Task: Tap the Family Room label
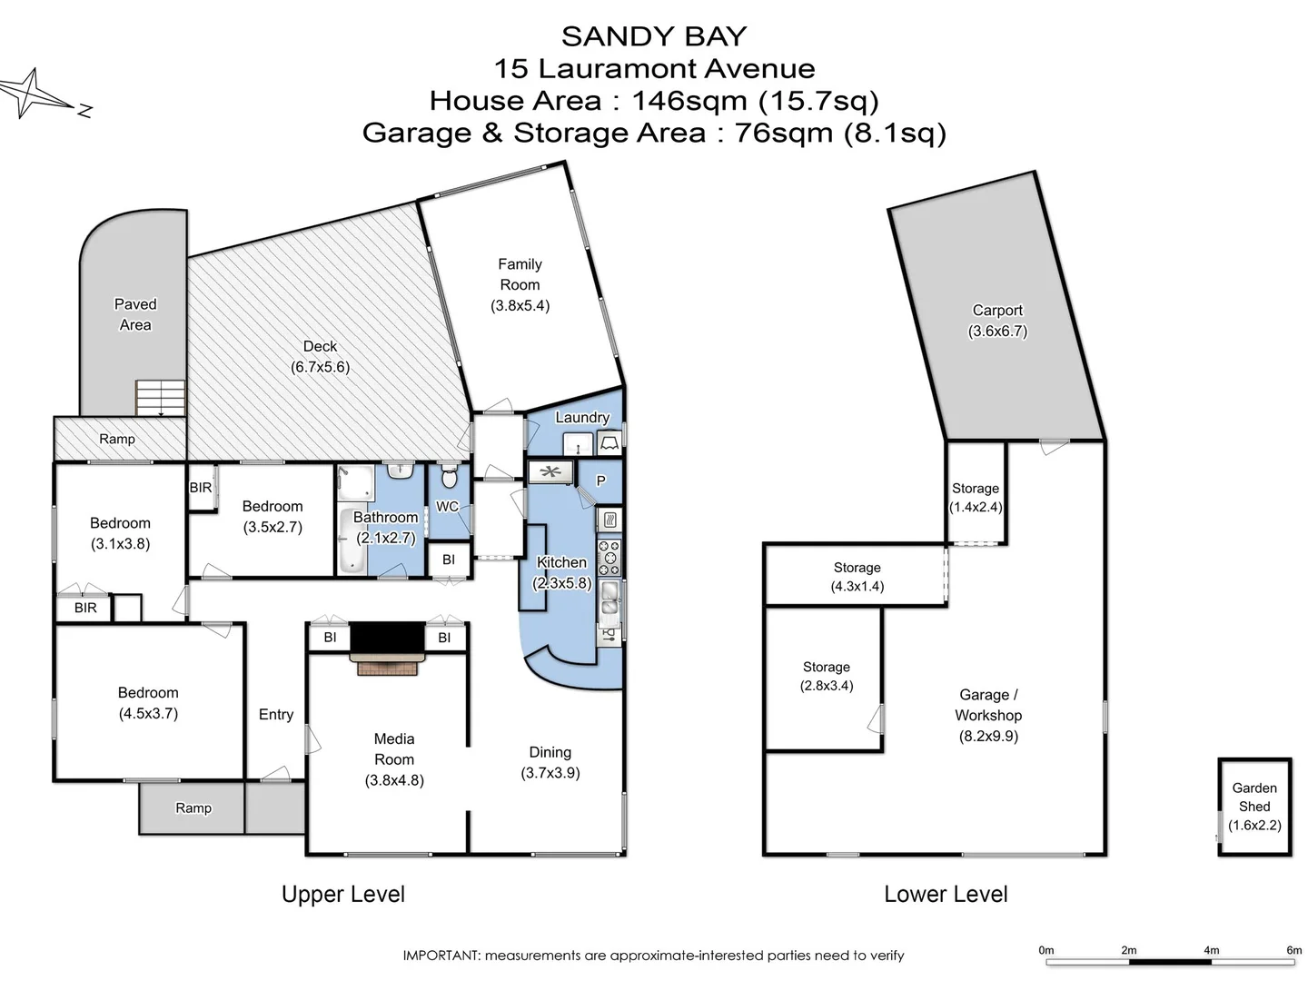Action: [520, 274]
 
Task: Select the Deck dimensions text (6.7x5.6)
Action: [320, 367]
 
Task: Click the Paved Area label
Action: [135, 314]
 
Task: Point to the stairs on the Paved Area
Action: [161, 398]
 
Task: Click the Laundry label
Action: [582, 417]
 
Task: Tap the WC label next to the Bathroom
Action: [447, 506]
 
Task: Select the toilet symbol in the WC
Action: [449, 476]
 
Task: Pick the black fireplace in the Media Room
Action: [388, 638]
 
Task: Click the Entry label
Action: [275, 714]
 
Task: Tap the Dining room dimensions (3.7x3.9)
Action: [550, 773]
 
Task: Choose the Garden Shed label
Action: [1254, 797]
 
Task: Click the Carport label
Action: [997, 310]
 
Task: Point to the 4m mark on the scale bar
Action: [1211, 950]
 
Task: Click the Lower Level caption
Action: [946, 894]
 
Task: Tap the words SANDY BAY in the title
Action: [654, 36]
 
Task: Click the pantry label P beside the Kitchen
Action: [600, 481]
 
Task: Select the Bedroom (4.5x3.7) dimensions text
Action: [148, 713]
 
